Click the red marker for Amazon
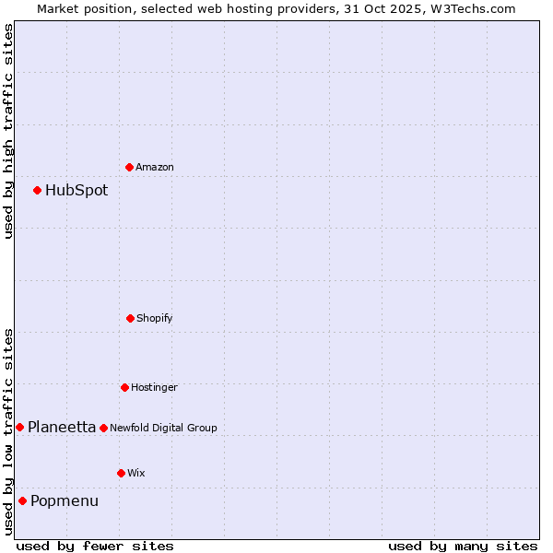(x=129, y=167)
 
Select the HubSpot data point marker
(x=37, y=190)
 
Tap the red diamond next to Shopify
(x=130, y=318)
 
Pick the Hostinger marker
(x=124, y=387)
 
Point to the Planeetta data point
(x=19, y=427)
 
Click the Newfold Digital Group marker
(x=103, y=428)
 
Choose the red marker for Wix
(x=121, y=473)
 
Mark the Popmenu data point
(x=22, y=500)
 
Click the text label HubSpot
(x=76, y=191)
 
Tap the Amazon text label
(x=155, y=167)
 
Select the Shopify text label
(x=155, y=318)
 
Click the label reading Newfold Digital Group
(x=164, y=428)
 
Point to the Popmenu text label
(x=65, y=501)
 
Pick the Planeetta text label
(x=62, y=427)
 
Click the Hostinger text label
(x=154, y=387)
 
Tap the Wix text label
(x=136, y=473)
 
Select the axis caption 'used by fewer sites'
(x=95, y=546)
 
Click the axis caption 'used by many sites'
(x=463, y=546)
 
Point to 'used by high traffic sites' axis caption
(x=8, y=131)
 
